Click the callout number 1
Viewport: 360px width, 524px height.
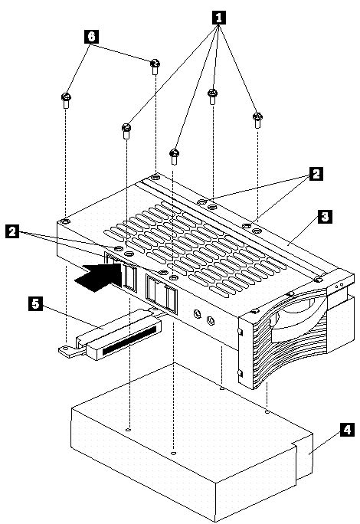point(218,15)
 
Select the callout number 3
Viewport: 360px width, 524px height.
point(325,217)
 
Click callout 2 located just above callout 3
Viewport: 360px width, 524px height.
point(315,175)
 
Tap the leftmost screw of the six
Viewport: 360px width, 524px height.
point(66,100)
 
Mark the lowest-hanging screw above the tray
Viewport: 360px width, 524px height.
point(175,154)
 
